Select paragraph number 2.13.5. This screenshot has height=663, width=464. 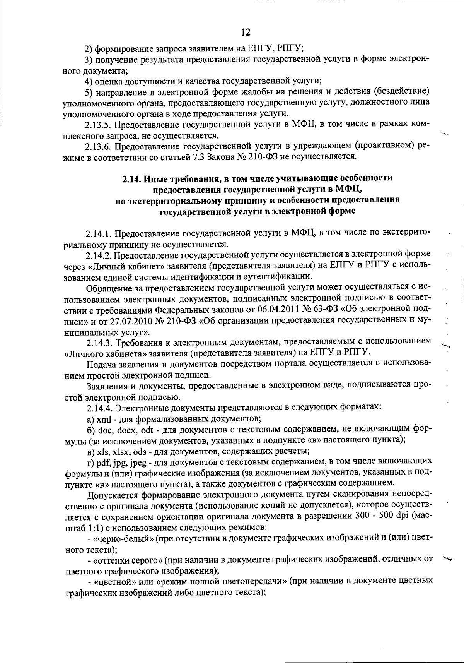pyautogui.click(x=99, y=125)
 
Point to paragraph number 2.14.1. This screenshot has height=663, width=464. pyautogui.click(x=99, y=234)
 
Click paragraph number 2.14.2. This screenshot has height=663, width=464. pyautogui.click(x=99, y=255)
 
